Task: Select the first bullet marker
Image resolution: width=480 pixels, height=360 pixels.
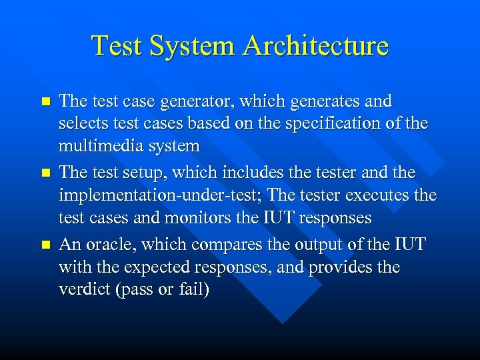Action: click(45, 102)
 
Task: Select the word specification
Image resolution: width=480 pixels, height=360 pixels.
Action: click(345, 123)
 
